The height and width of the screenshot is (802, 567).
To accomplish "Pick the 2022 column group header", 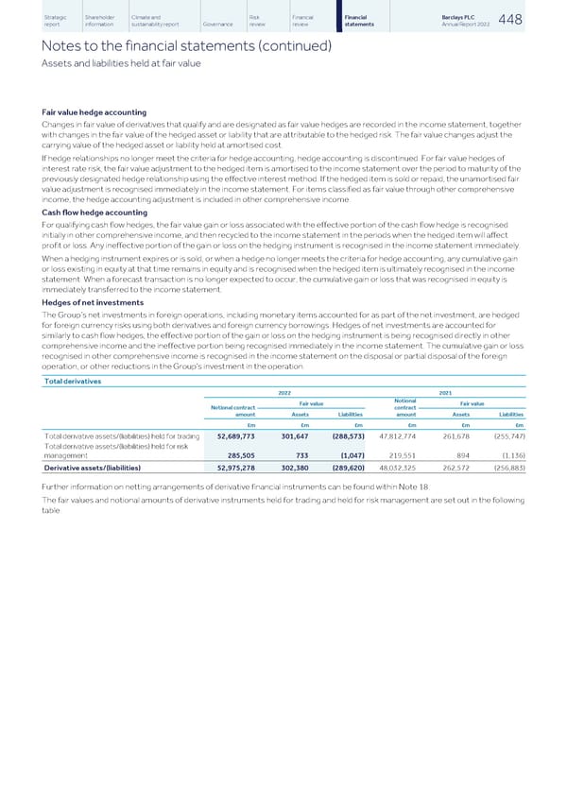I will coord(284,394).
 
